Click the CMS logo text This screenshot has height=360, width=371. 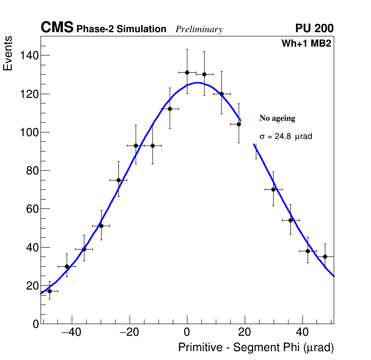[x=57, y=28]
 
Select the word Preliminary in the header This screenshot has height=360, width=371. [x=199, y=29]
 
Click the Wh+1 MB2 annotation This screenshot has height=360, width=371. [x=306, y=44]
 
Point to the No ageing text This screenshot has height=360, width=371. [x=277, y=118]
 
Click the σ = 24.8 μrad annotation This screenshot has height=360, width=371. [x=285, y=137]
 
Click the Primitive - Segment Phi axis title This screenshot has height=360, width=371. [x=256, y=348]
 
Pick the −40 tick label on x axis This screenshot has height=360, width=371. [x=71, y=332]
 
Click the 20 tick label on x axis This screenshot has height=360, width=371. [x=245, y=332]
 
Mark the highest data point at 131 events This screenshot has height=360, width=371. [x=187, y=72]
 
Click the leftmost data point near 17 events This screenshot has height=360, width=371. [x=49, y=291]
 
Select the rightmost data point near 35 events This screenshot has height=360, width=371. [x=325, y=256]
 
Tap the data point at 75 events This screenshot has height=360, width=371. [x=118, y=180]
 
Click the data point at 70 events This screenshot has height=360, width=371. [x=273, y=189]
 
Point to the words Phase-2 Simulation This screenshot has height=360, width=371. [x=121, y=29]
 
